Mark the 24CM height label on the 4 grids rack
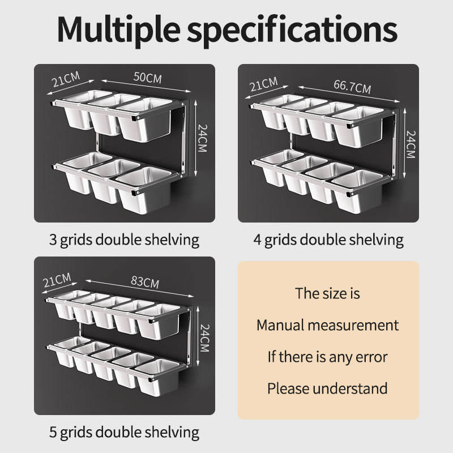coord(410,144)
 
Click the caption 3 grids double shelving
coord(124,240)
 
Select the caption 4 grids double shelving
coord(328,240)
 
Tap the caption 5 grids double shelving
coord(124,433)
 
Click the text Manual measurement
coord(327,325)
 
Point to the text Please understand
coord(327,388)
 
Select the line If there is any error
coord(327,357)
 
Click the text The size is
coord(327,293)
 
